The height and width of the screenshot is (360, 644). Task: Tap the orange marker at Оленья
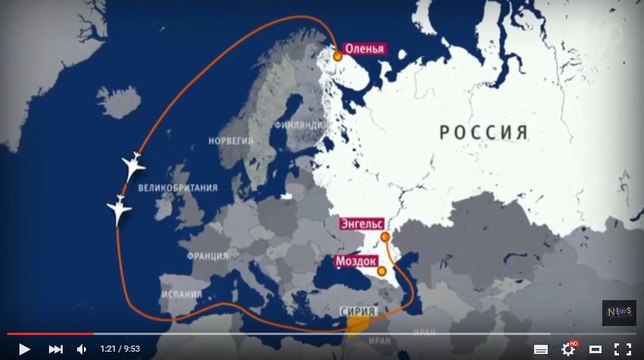pos(338,57)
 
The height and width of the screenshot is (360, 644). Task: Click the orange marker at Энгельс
pos(385,238)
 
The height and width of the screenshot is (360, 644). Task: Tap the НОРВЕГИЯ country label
pos(230,141)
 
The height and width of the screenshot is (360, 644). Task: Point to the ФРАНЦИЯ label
pos(207,255)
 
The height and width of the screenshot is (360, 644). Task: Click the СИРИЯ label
pos(359,312)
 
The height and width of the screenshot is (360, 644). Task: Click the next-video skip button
pos(56,349)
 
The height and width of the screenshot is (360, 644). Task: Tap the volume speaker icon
pos(83,349)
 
